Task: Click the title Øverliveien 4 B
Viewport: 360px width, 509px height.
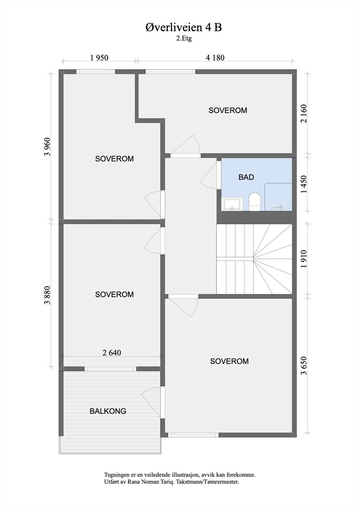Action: coord(184,27)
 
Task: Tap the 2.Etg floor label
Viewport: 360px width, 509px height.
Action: coord(184,38)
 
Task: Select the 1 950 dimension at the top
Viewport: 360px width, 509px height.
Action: coord(99,58)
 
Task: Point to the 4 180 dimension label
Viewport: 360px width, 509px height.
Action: coord(215,58)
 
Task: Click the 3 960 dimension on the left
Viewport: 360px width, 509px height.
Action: coord(47,147)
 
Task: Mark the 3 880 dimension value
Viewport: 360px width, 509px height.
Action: coord(47,295)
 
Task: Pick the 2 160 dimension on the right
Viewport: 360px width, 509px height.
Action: coord(304,114)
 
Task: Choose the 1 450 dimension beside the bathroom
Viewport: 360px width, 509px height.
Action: coord(304,184)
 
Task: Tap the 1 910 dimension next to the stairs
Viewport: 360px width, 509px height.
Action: coord(304,259)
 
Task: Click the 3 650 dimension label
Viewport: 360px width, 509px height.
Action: coord(304,366)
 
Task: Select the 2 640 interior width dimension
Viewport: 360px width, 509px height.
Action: coord(112,353)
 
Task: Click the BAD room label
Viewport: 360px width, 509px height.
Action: coord(246,177)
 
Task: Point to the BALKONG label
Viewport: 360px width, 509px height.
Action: coord(108,411)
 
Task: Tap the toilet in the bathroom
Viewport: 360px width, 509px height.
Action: coord(255,202)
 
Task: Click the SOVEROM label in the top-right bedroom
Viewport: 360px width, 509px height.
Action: coord(228,110)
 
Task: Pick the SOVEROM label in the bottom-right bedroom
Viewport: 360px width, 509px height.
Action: coord(229,361)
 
